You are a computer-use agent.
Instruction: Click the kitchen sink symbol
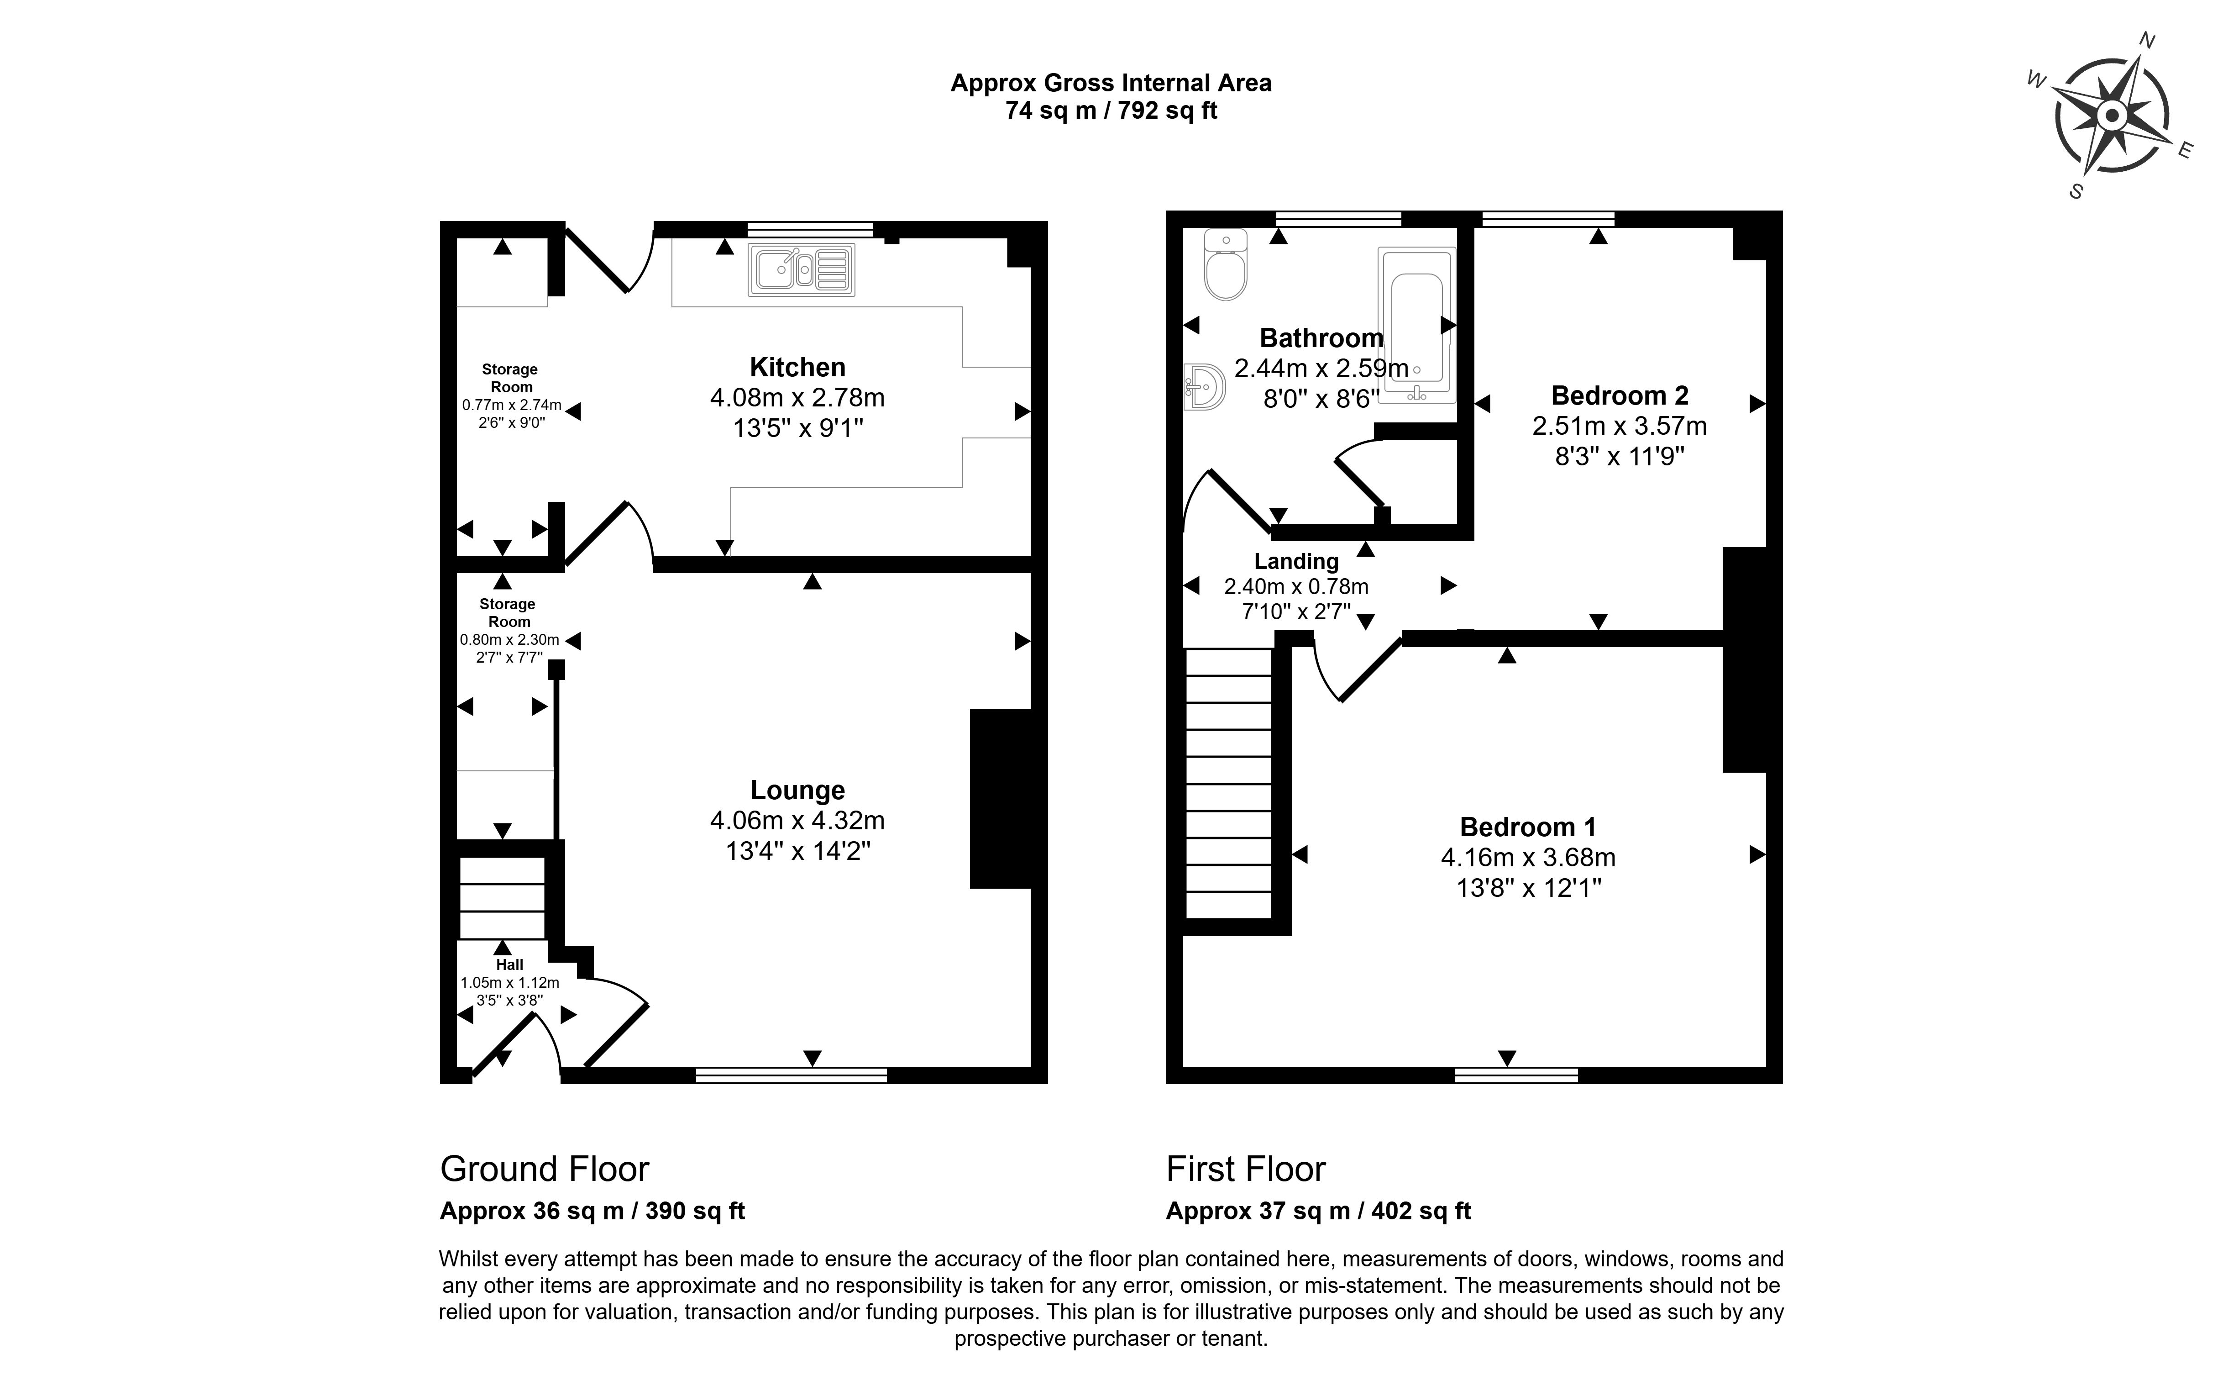tap(802, 269)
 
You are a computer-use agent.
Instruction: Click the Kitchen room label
tap(797, 368)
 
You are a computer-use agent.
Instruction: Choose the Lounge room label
tap(797, 790)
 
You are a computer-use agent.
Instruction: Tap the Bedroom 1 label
tap(1527, 827)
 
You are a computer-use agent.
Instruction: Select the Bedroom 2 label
tap(1619, 395)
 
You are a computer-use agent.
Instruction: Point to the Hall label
tap(509, 964)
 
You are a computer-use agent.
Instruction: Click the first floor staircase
tap(1229, 784)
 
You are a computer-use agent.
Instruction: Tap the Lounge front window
tap(792, 1075)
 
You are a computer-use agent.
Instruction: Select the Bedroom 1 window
tap(1516, 1075)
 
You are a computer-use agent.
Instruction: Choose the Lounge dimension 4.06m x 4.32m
tap(797, 821)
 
